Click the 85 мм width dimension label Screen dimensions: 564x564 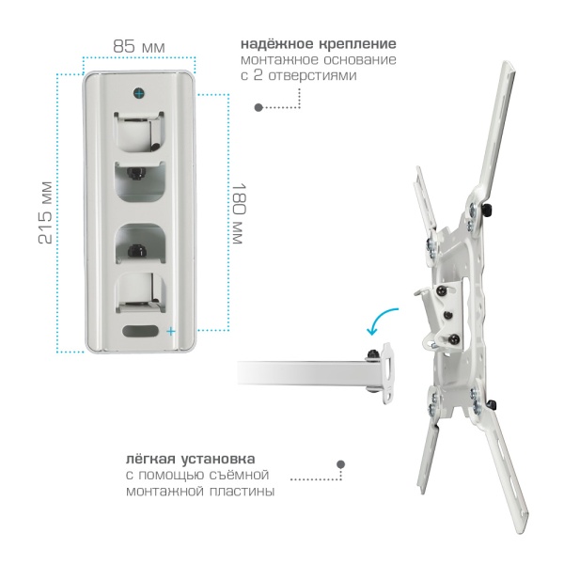point(139,46)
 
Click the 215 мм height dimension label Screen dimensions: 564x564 point(46,213)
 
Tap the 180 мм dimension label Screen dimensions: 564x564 point(239,213)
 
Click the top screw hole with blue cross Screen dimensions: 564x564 point(139,93)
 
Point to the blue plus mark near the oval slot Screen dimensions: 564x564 point(171,331)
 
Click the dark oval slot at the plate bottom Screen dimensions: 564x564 point(141,331)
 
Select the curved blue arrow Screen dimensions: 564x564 point(381,319)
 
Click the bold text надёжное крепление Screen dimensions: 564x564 point(319,44)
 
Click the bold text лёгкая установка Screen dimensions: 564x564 point(190,459)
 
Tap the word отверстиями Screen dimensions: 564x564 point(313,75)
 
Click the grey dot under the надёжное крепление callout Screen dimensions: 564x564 point(258,107)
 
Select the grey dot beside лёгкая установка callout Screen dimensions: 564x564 point(340,464)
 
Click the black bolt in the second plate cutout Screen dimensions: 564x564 point(136,174)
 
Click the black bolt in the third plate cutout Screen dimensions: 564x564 point(137,250)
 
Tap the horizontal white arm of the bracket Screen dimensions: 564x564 point(305,373)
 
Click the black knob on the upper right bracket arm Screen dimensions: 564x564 point(487,211)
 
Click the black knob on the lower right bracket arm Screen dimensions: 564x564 point(492,405)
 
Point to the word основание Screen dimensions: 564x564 point(360,60)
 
